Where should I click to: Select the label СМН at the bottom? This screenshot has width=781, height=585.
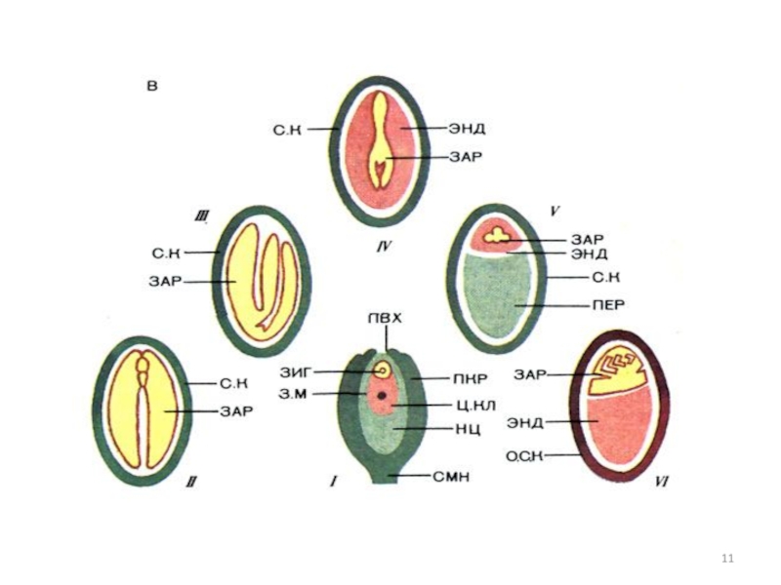point(452,476)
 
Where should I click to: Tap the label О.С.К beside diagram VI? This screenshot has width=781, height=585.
point(525,453)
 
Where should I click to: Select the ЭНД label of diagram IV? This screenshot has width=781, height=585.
point(468,126)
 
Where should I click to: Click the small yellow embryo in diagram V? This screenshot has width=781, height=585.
point(499,235)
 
